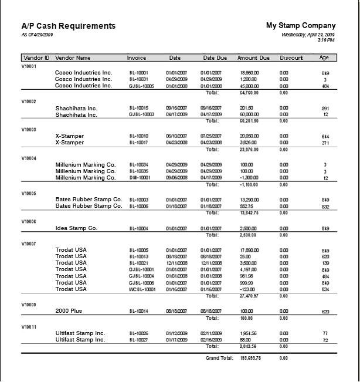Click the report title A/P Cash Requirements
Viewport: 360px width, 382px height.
pos(68,26)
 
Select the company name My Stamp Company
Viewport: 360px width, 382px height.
pos(301,26)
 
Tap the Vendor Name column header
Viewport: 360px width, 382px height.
pos(73,58)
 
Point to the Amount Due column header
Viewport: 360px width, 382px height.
pos(253,58)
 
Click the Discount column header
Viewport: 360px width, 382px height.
pos(291,58)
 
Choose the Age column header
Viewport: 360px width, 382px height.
pos(324,58)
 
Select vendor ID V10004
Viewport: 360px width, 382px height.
pos(29,158)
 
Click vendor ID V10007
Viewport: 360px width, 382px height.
pos(29,244)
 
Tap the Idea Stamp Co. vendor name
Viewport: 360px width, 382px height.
pos(76,228)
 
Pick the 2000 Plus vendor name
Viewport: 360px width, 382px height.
pos(69,311)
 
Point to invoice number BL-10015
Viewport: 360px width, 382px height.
pos(139,109)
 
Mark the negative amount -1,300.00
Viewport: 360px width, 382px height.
pos(249,178)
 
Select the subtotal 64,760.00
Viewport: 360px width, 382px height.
pos(249,92)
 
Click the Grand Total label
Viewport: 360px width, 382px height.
pos(220,358)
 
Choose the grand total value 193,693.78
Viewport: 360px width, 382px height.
pos(250,358)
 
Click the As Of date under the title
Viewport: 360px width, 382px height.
pos(37,35)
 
